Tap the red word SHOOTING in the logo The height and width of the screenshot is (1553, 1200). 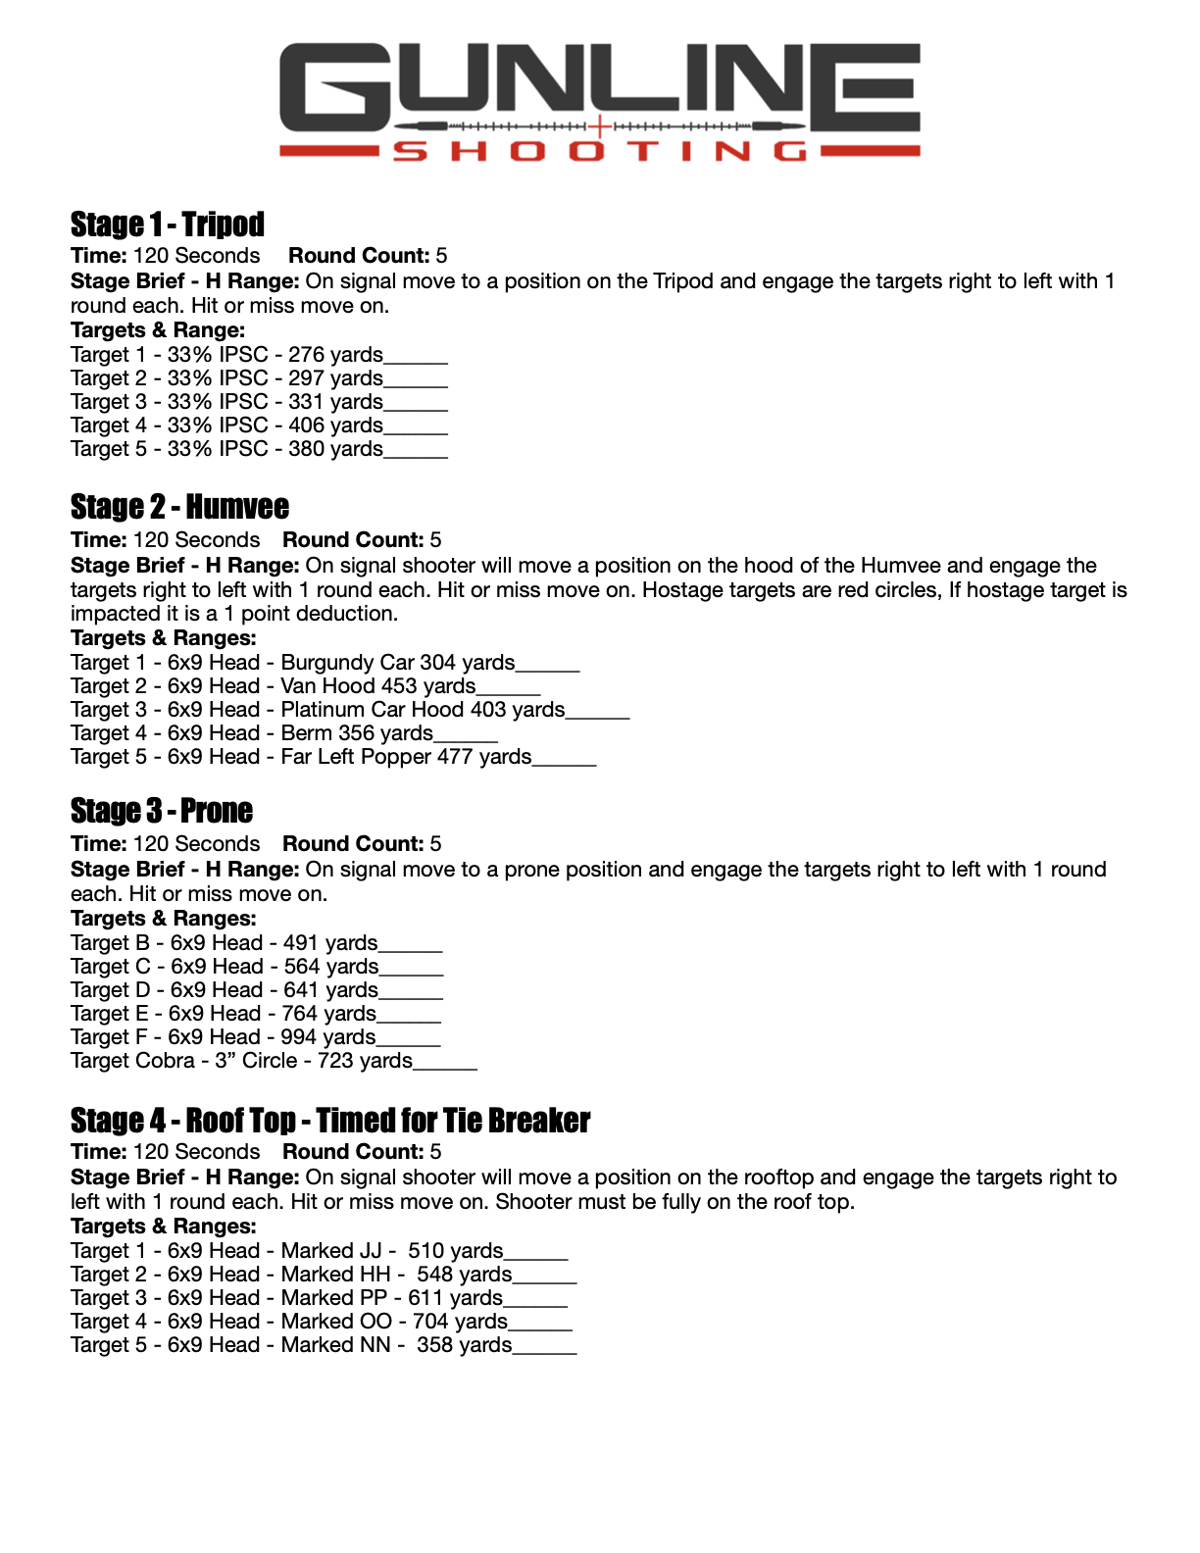600,151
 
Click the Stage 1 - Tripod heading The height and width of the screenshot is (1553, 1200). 168,225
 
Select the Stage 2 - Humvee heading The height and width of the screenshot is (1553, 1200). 179,507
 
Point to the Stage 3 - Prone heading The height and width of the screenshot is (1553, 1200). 162,811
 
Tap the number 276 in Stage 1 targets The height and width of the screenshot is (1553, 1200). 306,355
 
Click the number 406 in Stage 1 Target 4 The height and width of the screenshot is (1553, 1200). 306,426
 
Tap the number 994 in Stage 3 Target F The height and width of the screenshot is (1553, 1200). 298,1037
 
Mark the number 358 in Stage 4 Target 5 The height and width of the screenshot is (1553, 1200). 434,1345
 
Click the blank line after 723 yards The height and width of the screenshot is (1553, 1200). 445,1065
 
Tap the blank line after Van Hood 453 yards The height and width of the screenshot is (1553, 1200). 508,690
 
